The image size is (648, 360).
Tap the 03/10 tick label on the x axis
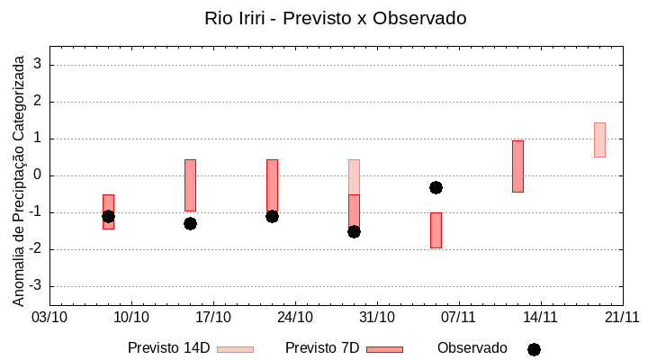point(49,317)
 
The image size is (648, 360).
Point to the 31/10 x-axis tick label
point(377,317)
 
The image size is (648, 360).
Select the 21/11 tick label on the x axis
point(622,317)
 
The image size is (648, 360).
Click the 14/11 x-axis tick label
point(540,317)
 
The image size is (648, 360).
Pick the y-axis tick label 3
point(39,65)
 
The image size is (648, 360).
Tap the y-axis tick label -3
point(36,286)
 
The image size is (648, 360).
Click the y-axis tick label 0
point(39,175)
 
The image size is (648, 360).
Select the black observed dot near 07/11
point(436,187)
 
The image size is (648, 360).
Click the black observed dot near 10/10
point(108,216)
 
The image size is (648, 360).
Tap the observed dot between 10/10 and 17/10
point(190,223)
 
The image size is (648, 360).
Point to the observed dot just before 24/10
point(272,216)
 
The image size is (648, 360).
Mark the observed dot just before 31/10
point(354,231)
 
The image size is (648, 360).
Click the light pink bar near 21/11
point(599,139)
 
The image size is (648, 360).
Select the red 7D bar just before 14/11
point(517,166)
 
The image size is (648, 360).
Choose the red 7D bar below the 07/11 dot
point(436,229)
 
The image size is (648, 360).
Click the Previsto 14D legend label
point(168,348)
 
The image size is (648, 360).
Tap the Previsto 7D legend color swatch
point(384,349)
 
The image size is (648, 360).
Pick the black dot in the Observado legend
point(534,349)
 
